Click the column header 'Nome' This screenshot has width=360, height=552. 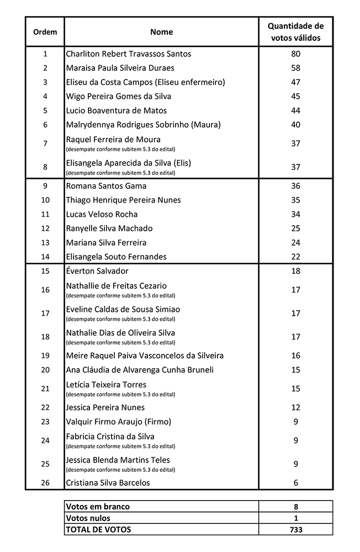(x=161, y=32)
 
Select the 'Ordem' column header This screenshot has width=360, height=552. (x=45, y=32)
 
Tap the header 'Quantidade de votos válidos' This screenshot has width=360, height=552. (x=295, y=32)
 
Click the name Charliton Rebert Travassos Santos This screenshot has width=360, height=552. (x=129, y=54)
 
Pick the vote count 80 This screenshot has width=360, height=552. (x=295, y=54)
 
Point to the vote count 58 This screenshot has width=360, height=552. (x=295, y=68)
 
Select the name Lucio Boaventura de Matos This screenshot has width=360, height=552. (x=116, y=110)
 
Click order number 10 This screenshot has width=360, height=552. (x=45, y=200)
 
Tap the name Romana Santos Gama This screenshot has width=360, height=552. (x=106, y=186)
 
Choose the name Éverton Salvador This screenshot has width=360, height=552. (x=97, y=271)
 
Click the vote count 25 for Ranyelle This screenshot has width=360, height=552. (x=295, y=229)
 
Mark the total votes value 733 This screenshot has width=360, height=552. (x=295, y=529)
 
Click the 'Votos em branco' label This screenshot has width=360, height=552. (x=98, y=506)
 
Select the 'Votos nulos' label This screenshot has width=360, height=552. (x=88, y=518)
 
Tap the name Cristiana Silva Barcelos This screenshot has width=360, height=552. (x=108, y=482)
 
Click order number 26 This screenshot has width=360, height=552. (x=45, y=482)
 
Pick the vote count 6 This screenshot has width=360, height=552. (x=295, y=482)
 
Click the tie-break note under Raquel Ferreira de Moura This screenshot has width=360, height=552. (x=120, y=149)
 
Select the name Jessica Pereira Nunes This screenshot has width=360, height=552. (x=105, y=407)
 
